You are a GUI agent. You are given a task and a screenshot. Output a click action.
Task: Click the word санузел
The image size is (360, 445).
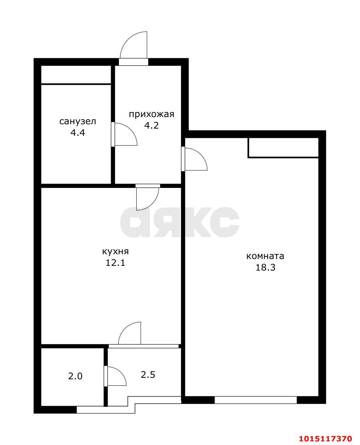tap(78, 121)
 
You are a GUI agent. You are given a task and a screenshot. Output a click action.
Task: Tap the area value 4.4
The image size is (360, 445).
tap(78, 133)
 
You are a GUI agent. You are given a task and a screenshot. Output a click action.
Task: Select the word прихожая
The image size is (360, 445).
tap(151, 115)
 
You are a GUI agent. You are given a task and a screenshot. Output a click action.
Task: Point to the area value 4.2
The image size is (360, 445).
tap(151, 125)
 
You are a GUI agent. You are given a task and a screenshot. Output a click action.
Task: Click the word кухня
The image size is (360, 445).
tap(115, 251)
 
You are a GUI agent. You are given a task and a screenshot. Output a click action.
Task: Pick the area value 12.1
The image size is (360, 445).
tap(115, 263)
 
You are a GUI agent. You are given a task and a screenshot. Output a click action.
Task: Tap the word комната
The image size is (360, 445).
tap(265, 256)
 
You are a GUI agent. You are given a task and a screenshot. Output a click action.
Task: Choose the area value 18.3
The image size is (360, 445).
tap(266, 267)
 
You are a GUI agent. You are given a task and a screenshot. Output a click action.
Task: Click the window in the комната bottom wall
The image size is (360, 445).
tap(256, 400)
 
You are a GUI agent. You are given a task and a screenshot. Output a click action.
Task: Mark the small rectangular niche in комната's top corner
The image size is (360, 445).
tap(283, 148)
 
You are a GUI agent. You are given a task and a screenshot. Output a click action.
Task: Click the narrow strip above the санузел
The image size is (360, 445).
tap(76, 74)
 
